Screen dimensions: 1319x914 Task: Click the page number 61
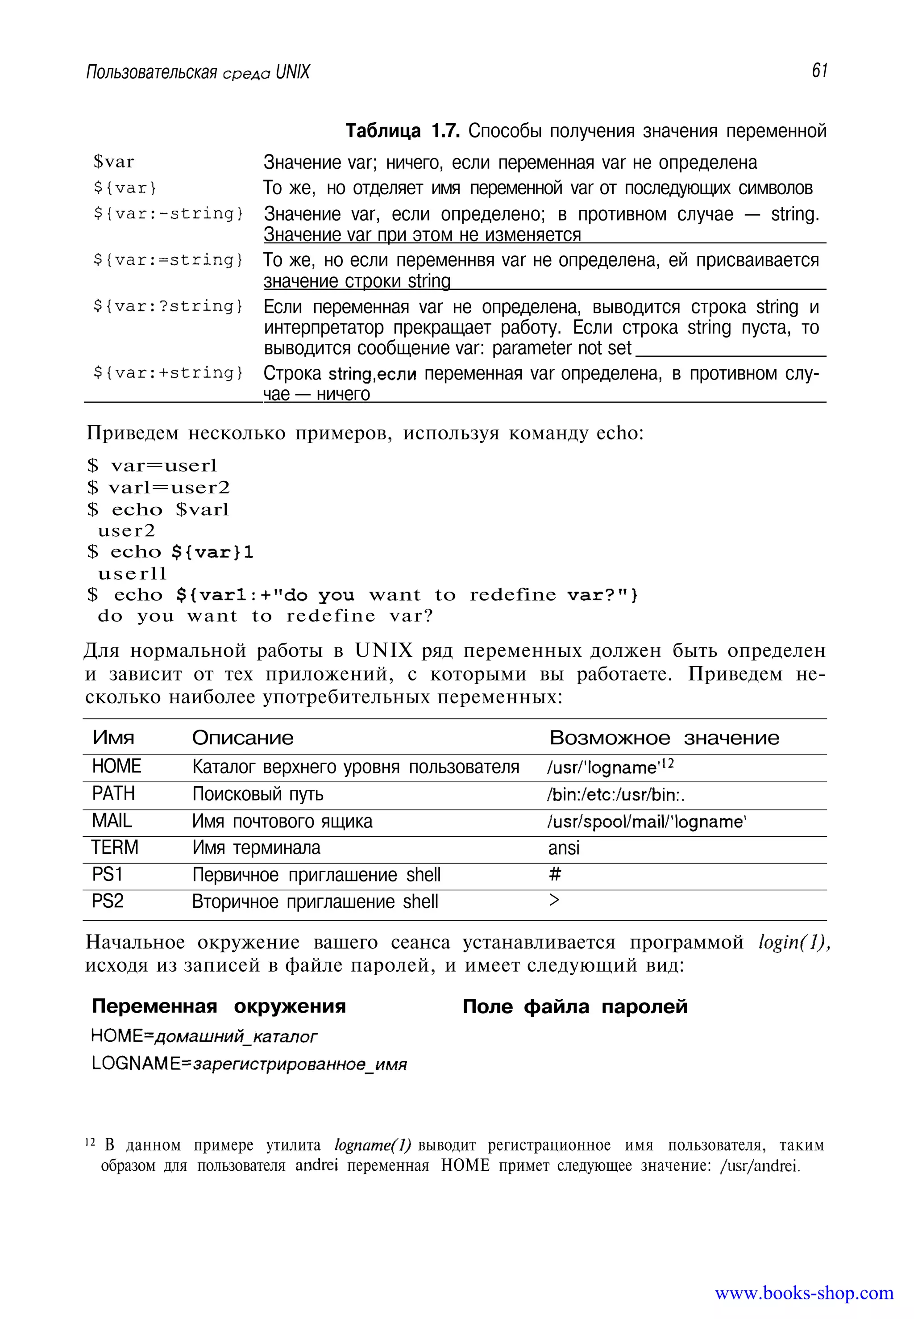click(819, 71)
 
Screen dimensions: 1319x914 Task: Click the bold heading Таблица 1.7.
click(403, 131)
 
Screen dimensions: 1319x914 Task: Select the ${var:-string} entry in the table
click(168, 214)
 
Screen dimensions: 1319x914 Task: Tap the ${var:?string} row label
click(168, 307)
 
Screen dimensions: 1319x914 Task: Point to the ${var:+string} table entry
click(168, 373)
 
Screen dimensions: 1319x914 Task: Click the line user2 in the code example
click(127, 530)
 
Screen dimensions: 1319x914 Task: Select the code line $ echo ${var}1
click(170, 552)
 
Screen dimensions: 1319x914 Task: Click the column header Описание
click(243, 738)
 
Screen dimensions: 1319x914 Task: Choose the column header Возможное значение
click(665, 738)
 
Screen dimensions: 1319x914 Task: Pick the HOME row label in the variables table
click(117, 766)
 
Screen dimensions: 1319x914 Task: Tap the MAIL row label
click(112, 821)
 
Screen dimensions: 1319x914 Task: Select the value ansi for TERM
click(564, 848)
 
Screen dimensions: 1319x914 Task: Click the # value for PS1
click(555, 874)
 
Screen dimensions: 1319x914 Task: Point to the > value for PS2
click(554, 901)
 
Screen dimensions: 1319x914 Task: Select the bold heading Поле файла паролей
click(575, 1007)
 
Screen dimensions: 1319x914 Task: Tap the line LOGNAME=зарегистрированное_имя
click(249, 1064)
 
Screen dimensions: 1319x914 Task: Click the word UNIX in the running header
click(293, 72)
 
